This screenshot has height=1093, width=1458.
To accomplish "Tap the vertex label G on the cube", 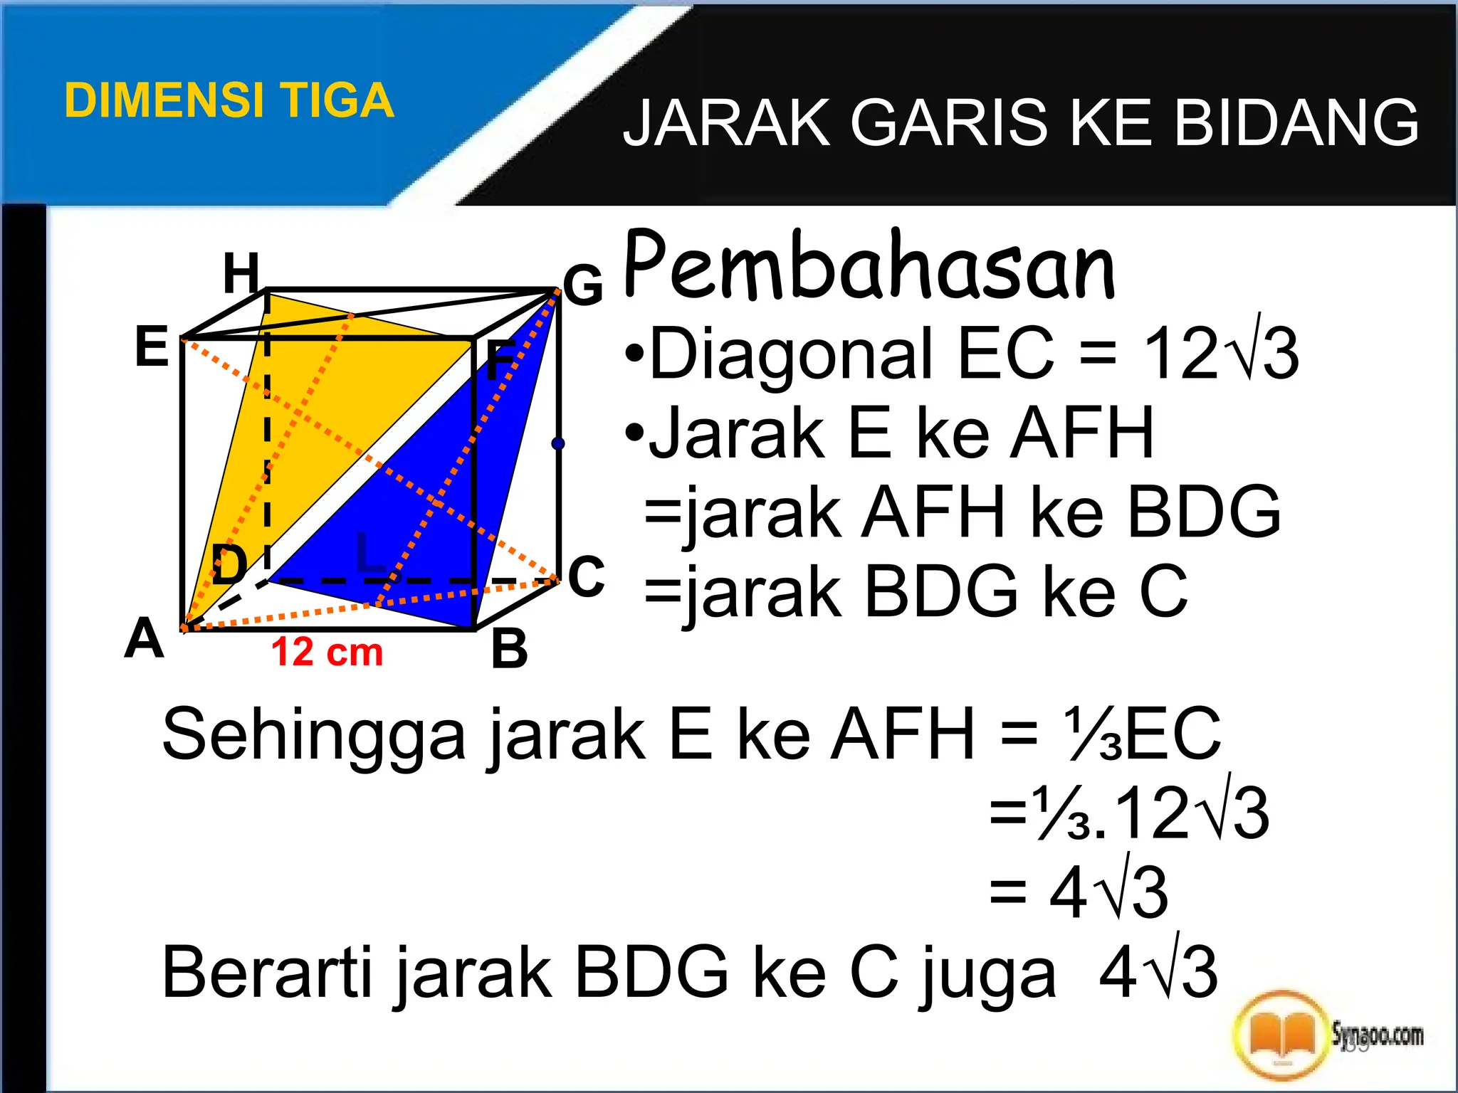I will (583, 285).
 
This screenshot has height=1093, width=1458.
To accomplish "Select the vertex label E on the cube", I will (152, 347).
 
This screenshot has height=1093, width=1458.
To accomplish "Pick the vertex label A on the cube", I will (145, 638).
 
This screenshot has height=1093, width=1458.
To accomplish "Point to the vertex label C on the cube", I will (587, 576).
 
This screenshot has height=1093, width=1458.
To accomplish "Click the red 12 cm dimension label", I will (327, 652).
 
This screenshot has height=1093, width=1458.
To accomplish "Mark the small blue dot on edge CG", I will (558, 443).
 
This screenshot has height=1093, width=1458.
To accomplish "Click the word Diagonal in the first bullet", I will (790, 353).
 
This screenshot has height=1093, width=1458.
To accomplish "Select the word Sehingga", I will (314, 735).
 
